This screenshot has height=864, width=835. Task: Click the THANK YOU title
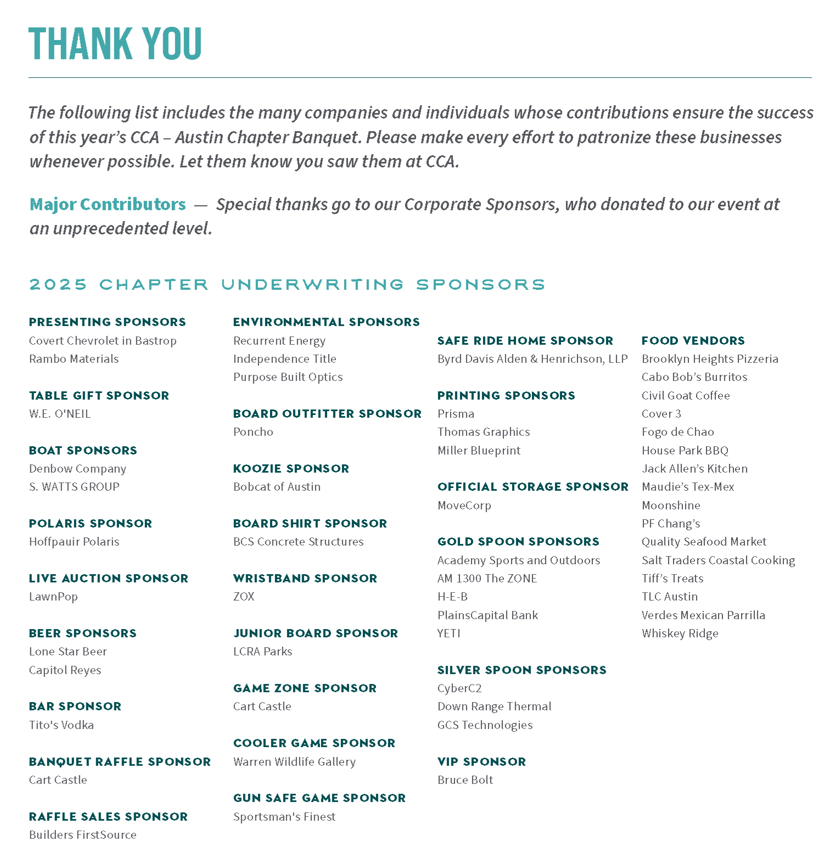115,43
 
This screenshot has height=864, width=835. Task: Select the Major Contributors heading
108,204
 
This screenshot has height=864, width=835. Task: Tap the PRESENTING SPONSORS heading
107,322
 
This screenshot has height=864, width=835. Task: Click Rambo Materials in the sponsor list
74,359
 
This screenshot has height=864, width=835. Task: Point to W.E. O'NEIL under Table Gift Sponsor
60,414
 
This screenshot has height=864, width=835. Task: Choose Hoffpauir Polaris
74,542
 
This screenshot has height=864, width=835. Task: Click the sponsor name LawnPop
53,597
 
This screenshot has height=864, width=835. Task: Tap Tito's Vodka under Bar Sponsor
61,725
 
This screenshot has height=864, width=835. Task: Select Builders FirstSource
82,835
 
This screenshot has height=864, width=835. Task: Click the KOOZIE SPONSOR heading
291,469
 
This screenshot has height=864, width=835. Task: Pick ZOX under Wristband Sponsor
244,597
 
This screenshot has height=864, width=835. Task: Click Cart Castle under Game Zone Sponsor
262,706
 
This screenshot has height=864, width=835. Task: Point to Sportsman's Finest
284,817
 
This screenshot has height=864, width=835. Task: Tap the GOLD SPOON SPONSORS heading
518,542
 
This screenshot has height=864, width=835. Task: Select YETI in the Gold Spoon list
449,633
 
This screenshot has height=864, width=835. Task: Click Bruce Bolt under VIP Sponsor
465,780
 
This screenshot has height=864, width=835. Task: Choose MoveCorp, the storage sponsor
464,506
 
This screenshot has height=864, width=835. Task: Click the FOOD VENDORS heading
693,341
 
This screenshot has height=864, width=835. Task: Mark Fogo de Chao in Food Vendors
677,432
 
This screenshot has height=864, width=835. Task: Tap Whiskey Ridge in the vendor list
680,633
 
